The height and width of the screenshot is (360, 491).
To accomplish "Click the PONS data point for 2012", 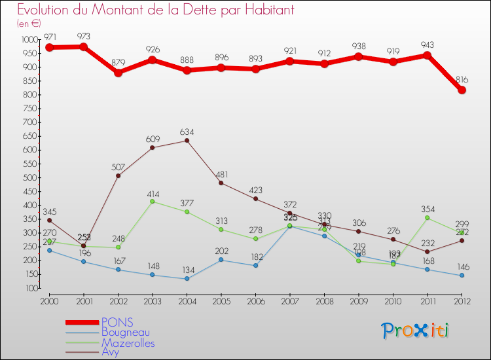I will tap(462, 90).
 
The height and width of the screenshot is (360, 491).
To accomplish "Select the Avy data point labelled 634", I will tap(187, 141).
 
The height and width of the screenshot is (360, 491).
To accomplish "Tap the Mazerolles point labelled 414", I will tap(153, 201).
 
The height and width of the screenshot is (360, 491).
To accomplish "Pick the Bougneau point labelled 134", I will tap(187, 279).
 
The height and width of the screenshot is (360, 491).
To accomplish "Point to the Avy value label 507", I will tap(118, 166).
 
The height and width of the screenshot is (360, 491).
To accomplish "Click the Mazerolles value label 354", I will tap(427, 208).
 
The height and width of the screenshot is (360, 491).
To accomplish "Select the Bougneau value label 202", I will tap(221, 250).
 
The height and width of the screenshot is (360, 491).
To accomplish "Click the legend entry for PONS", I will tap(117, 322).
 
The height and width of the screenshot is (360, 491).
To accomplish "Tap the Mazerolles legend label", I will tap(128, 342).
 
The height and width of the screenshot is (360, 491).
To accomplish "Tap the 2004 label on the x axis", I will tap(187, 300).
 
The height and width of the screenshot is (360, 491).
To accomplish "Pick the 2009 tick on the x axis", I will tap(359, 300).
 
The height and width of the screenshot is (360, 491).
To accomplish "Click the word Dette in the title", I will tap(200, 10).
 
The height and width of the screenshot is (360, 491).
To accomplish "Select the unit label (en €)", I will tap(30, 23).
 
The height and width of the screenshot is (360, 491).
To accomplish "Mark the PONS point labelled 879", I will tap(118, 73).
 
